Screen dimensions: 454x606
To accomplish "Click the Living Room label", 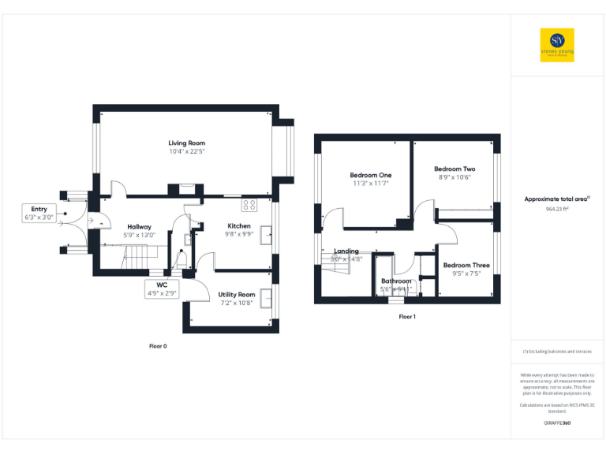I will pyautogui.click(x=186, y=143).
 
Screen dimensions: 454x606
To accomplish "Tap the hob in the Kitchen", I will pyautogui.click(x=249, y=205).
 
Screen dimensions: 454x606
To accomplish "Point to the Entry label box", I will pyautogui.click(x=39, y=213).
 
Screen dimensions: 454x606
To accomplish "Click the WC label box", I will pyautogui.click(x=162, y=288).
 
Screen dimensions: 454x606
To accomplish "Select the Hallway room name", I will pyautogui.click(x=140, y=226).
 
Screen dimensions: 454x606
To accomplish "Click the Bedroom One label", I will pyautogui.click(x=370, y=175).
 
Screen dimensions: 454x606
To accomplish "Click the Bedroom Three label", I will pyautogui.click(x=466, y=266).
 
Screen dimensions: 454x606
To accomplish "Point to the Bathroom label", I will pyautogui.click(x=396, y=281).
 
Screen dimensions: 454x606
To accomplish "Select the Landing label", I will pyautogui.click(x=346, y=251).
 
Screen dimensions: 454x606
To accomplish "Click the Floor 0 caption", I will pyautogui.click(x=158, y=346).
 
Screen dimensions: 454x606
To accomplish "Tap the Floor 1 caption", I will pyautogui.click(x=406, y=317).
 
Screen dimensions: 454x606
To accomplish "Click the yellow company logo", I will pyautogui.click(x=556, y=45).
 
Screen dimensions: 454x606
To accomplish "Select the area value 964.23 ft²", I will pyautogui.click(x=557, y=210).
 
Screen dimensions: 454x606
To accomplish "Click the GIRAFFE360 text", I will pyautogui.click(x=557, y=423).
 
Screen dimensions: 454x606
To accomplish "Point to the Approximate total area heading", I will pyautogui.click(x=557, y=199).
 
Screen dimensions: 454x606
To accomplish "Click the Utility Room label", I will pyautogui.click(x=237, y=294).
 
